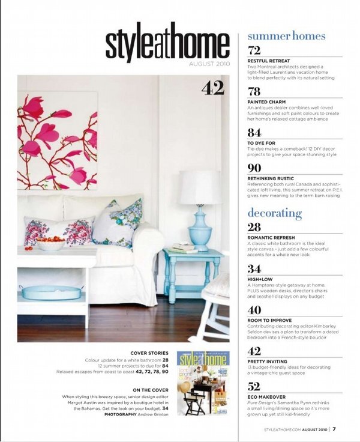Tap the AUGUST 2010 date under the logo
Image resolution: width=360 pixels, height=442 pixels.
point(209,64)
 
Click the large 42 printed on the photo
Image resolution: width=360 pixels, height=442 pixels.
point(212,89)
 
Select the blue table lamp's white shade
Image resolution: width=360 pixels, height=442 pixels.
point(199,187)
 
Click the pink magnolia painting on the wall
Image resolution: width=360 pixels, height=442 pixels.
point(58,140)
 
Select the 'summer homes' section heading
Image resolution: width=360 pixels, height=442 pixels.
point(286,36)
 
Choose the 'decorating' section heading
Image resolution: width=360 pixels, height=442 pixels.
point(274,213)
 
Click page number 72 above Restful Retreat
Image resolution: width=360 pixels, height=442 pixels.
point(254,50)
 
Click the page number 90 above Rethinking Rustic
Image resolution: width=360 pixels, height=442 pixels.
point(254,168)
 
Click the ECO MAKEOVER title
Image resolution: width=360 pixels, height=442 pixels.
point(268,398)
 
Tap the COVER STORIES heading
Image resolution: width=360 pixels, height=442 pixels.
point(149,353)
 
